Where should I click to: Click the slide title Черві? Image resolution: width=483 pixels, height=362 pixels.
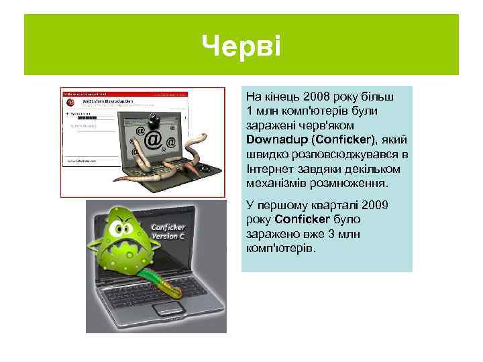pyautogui.click(x=241, y=46)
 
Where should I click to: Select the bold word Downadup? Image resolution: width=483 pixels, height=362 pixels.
pyautogui.click(x=274, y=139)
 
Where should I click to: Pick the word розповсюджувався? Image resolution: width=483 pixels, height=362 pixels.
pyautogui.click(x=336, y=154)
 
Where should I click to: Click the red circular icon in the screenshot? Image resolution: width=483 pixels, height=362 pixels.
pyautogui.click(x=68, y=103)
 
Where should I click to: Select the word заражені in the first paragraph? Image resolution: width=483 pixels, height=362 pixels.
pyautogui.click(x=268, y=125)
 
